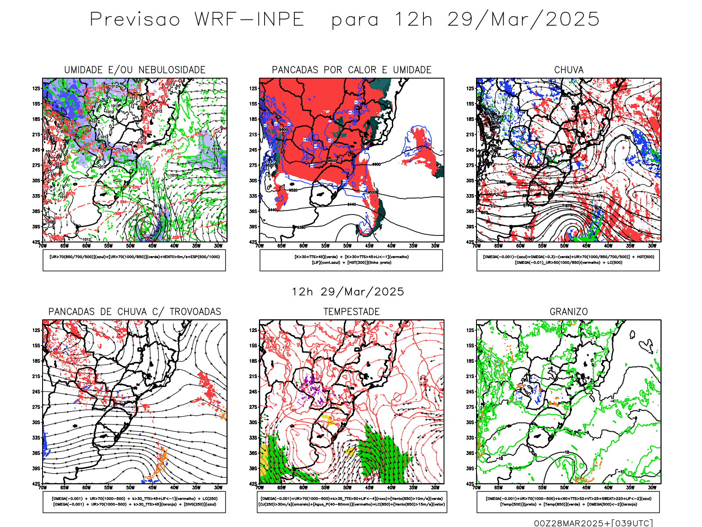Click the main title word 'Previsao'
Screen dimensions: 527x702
point(135,20)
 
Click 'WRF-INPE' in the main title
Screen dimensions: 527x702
point(249,20)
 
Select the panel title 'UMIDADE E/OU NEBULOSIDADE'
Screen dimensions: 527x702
point(135,70)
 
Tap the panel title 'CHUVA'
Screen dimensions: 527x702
point(569,70)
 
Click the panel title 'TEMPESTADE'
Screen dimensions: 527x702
point(351,312)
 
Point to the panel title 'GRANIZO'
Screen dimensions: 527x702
point(569,312)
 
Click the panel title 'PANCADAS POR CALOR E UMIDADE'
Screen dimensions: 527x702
point(351,70)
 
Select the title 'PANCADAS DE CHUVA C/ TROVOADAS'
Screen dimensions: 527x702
point(135,312)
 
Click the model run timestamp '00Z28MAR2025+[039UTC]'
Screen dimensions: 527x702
point(593,523)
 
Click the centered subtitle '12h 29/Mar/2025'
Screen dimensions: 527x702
point(348,292)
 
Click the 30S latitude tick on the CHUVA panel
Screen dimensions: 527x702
point(470,180)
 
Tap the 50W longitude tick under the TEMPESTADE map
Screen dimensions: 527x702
point(347,487)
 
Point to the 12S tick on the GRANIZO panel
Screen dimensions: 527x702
point(470,330)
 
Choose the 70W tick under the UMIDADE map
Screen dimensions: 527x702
point(43,246)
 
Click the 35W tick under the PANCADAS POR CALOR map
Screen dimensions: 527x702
point(413,246)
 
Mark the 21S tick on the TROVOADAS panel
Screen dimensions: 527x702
point(36,376)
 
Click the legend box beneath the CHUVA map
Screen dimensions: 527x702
point(568,260)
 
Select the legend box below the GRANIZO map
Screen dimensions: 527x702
point(568,502)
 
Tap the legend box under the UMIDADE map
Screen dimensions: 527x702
point(134,260)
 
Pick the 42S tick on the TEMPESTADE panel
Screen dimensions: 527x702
point(253,484)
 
